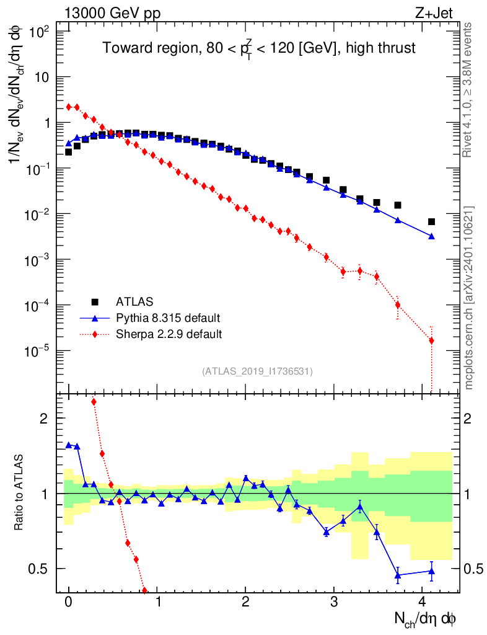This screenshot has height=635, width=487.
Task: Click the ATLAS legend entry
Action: [134, 302]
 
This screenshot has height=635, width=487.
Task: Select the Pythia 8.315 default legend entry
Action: [168, 318]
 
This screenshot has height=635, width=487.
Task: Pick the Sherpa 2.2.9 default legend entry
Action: [169, 334]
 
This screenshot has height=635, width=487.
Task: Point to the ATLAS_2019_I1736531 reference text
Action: [257, 371]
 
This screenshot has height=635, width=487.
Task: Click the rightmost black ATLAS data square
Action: [431, 221]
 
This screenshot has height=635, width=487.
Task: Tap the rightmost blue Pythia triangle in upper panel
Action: [431, 236]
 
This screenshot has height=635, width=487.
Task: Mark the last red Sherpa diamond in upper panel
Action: [431, 340]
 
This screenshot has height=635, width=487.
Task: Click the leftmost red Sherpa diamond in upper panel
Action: [69, 107]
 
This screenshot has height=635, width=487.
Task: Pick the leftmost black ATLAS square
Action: [69, 152]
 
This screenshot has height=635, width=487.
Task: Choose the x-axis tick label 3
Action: [334, 601]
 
